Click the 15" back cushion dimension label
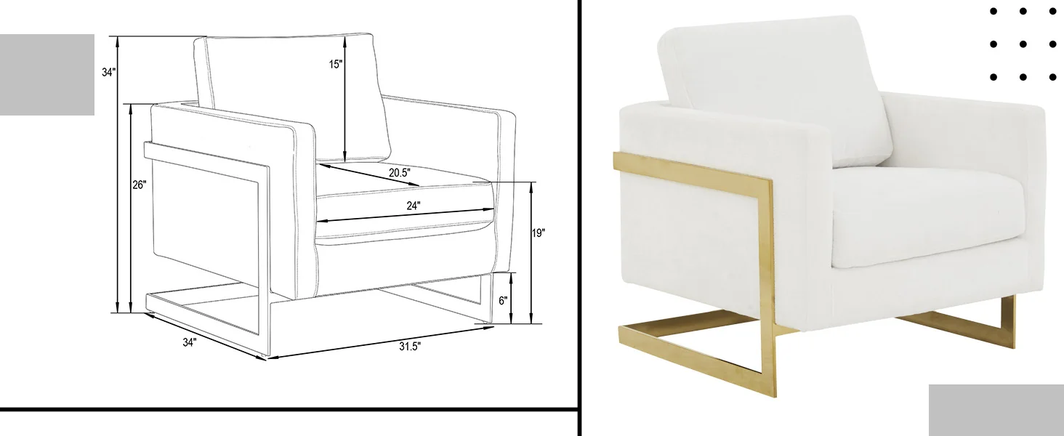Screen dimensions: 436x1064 click(335, 64)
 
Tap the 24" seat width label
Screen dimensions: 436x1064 click(414, 206)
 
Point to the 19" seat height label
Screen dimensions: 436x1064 click(538, 233)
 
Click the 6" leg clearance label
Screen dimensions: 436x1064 click(503, 300)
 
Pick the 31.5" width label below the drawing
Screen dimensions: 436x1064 click(409, 347)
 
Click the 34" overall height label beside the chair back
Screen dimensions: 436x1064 click(108, 73)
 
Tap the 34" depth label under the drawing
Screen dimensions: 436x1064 click(190, 342)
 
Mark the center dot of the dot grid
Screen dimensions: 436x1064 click(1023, 44)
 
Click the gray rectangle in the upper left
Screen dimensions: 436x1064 click(47, 74)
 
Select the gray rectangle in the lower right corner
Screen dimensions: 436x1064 click(996, 410)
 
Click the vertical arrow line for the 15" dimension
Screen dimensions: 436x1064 click(344, 109)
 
